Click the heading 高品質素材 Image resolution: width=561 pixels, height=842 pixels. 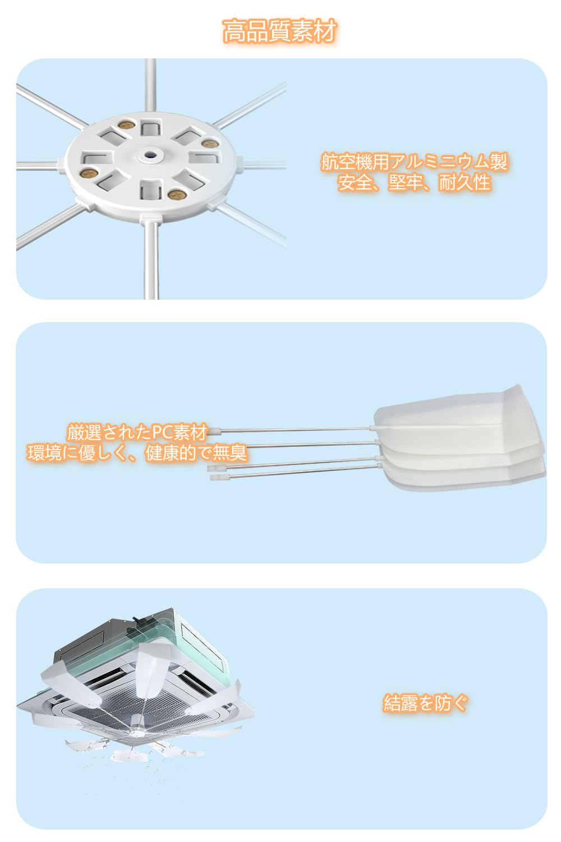(280, 31)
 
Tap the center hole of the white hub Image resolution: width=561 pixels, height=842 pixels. (151, 155)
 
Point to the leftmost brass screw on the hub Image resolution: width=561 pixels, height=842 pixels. (91, 173)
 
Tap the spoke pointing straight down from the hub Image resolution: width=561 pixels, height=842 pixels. (151, 259)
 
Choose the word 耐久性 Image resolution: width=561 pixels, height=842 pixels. (465, 182)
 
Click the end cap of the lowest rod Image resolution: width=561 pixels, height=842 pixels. (216, 477)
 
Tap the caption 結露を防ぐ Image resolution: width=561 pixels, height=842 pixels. (425, 703)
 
